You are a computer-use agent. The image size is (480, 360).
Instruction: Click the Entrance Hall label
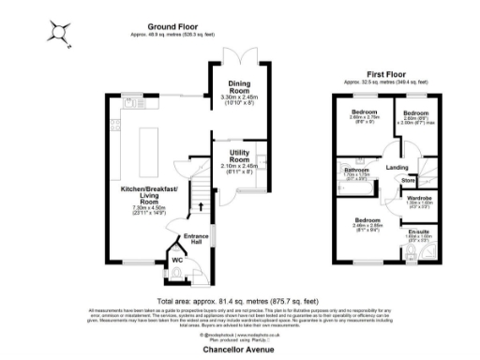coord(196,237)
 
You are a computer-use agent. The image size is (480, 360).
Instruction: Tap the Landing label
coord(397,168)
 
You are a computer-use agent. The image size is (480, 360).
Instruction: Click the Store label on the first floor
coord(408,180)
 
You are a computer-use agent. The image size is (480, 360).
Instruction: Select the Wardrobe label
coord(418,198)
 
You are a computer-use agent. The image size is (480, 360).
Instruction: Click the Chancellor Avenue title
coord(240,347)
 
